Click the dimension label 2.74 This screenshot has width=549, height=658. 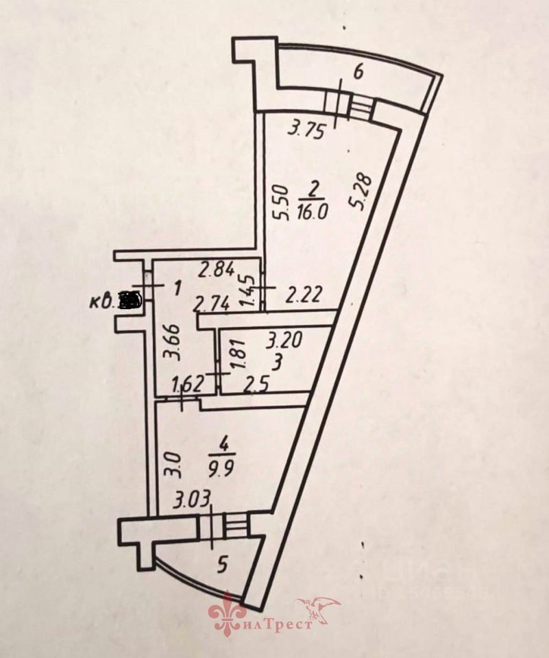211,303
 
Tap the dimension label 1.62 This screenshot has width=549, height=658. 187,385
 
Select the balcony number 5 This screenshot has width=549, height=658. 222,565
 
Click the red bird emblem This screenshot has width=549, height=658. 319,608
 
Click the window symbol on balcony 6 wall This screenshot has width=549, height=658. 350,104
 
